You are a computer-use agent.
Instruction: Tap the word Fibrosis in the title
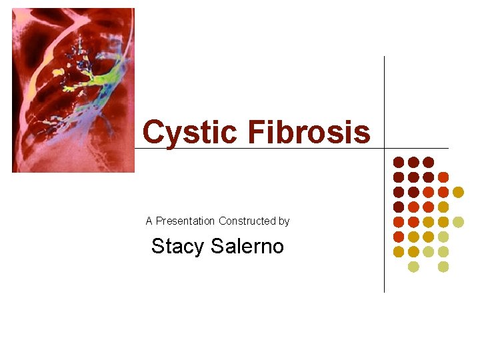click(309, 132)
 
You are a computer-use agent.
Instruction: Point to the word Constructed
click(248, 221)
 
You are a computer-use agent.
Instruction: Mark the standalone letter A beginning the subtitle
click(149, 221)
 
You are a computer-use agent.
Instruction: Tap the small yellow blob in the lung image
click(58, 72)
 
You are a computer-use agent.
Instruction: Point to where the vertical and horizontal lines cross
click(385, 148)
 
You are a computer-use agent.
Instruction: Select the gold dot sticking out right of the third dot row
click(458, 192)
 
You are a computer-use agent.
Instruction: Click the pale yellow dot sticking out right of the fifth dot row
click(458, 222)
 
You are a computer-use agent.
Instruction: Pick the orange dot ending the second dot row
click(443, 177)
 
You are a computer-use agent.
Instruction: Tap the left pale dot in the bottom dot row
click(413, 267)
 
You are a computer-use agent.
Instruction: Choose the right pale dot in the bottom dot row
click(443, 267)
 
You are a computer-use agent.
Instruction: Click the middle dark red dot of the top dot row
click(413, 162)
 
